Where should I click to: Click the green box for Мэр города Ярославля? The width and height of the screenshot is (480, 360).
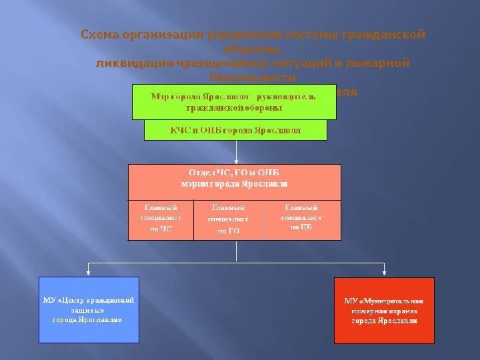234,101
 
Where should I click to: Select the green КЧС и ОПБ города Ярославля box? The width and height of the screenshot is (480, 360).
235,130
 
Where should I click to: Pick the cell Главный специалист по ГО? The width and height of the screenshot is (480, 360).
228,219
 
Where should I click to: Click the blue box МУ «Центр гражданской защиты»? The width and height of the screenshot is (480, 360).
89,310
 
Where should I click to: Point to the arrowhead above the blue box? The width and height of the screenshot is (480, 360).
89,272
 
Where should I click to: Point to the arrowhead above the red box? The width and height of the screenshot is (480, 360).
384,272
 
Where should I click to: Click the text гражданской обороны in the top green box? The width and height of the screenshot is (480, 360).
234,107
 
